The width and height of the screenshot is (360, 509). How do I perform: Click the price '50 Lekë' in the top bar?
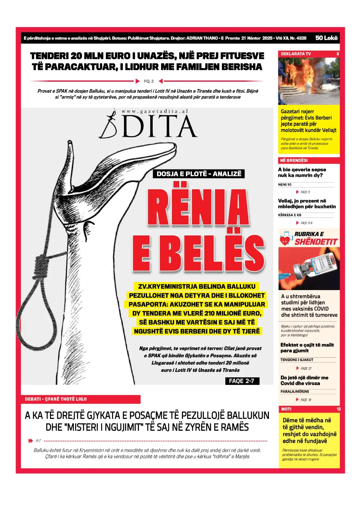coord(326,38)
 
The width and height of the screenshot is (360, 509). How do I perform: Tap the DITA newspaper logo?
coord(148,126)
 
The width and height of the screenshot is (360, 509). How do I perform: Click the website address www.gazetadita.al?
coord(155,111)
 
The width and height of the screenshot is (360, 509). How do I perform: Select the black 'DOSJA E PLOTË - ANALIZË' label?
coord(199,174)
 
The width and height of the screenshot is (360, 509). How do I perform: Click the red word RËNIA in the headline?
coord(198,207)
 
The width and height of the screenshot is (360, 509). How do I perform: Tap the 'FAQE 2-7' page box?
coord(242,381)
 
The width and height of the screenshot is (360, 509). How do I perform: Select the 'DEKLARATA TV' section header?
coord(296,54)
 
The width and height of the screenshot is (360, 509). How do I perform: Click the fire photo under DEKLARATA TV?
coord(308,81)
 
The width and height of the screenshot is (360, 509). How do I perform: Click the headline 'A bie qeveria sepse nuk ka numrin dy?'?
coord(302,172)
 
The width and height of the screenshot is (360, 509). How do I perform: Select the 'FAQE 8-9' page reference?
coord(306,223)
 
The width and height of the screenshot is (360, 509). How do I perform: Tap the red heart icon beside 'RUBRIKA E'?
coord(285,239)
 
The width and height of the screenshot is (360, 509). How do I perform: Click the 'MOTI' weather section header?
coord(286,409)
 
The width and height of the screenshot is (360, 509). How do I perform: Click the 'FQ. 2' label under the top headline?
coord(149,81)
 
